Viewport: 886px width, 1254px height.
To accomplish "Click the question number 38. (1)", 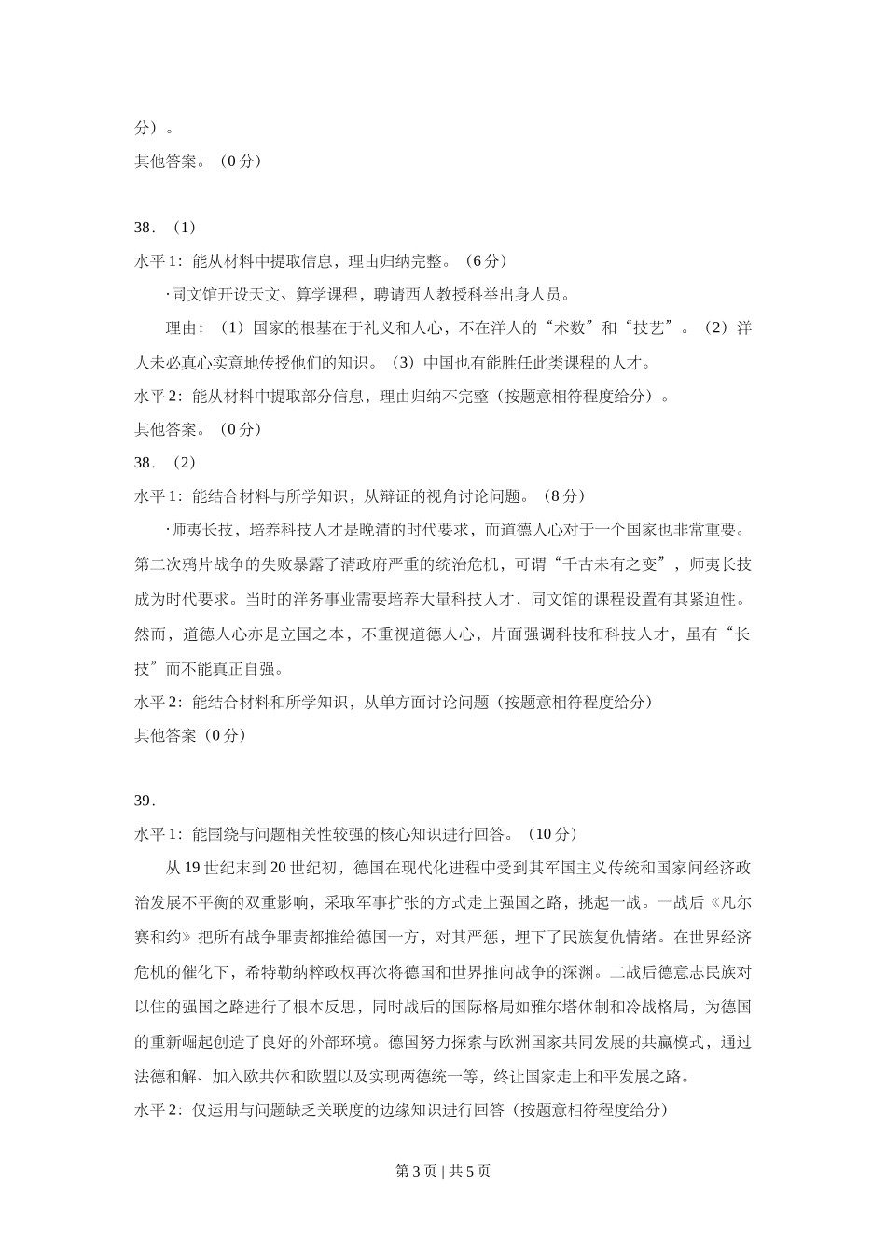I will tap(165, 228).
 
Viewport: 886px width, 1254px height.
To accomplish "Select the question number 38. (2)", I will tap(165, 463).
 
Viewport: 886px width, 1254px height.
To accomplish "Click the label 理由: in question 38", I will tap(185, 328).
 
